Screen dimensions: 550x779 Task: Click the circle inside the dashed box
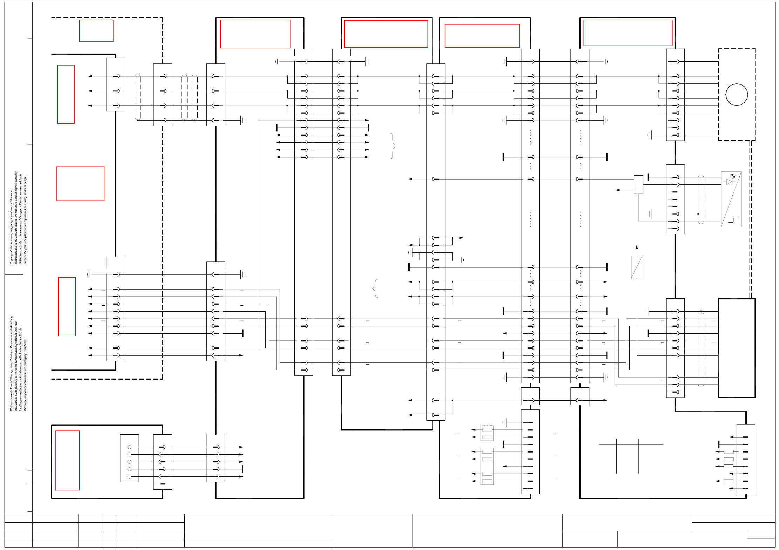click(x=736, y=94)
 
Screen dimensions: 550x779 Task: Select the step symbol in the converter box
click(x=733, y=220)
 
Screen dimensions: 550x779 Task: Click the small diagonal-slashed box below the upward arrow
click(x=636, y=267)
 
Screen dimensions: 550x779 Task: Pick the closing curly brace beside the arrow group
click(x=393, y=146)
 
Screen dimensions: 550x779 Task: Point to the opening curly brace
click(x=375, y=288)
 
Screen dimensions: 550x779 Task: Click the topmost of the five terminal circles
click(x=129, y=447)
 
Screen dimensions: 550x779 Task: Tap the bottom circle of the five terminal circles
click(x=129, y=476)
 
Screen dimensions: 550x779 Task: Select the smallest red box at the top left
click(x=96, y=31)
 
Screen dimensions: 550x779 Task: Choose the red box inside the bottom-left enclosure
click(x=68, y=460)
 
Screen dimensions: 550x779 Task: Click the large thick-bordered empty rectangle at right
click(x=737, y=348)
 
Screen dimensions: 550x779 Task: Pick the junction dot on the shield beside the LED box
click(x=698, y=214)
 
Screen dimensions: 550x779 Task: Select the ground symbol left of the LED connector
click(x=650, y=214)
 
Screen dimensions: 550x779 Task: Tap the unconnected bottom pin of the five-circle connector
click(x=162, y=484)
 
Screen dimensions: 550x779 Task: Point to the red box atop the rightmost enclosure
click(x=628, y=33)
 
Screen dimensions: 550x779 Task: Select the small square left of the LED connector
click(x=638, y=184)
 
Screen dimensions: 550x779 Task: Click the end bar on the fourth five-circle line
click(x=242, y=469)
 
